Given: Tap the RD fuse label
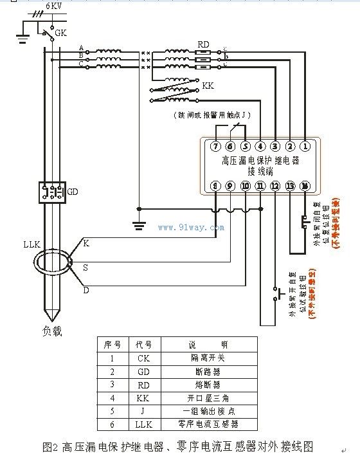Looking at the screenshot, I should (x=203, y=44).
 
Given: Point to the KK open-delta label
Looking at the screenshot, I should (x=208, y=86).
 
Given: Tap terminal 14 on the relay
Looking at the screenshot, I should (x=305, y=186).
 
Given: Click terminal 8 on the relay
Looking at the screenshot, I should (x=216, y=186).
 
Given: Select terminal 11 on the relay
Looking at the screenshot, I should (x=260, y=186).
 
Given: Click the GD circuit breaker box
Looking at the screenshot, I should (x=50, y=192).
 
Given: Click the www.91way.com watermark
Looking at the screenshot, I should (x=191, y=227).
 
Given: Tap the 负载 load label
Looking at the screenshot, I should (x=51, y=332).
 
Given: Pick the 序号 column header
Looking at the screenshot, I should (x=111, y=344).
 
